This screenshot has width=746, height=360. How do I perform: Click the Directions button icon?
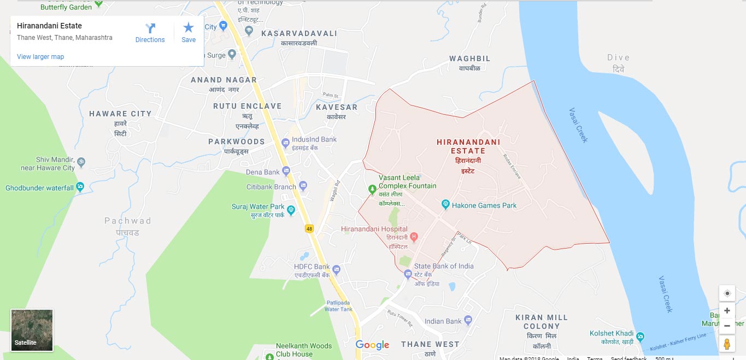point(150,28)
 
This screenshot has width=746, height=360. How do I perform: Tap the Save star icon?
point(189,28)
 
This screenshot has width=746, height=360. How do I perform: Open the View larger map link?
point(40,57)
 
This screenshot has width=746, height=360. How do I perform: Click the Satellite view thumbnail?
point(32,331)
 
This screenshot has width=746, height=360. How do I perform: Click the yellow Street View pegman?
point(727,344)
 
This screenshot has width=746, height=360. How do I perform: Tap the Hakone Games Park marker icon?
point(445,205)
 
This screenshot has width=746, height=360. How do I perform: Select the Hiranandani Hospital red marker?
point(414,237)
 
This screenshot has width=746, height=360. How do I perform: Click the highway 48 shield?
point(310,229)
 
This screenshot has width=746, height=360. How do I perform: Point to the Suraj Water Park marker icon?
point(291,209)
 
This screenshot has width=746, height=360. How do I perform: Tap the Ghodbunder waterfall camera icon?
point(80,187)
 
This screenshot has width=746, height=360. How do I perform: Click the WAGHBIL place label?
point(469,58)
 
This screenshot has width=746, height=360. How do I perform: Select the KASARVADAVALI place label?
point(299,34)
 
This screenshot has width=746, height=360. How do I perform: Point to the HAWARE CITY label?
point(120,114)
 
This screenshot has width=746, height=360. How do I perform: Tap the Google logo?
point(372,345)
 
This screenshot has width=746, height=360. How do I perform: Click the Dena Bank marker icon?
point(285,172)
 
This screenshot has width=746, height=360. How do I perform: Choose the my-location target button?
point(727,293)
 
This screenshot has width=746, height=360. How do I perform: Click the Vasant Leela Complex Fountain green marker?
point(372,189)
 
